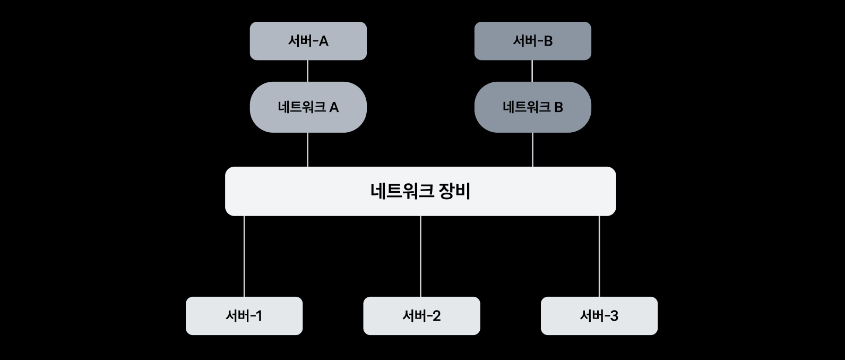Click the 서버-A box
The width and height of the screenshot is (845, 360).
[x=308, y=41]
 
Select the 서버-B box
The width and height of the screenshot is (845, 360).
[x=532, y=41]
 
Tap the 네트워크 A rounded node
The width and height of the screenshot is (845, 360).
[x=308, y=107]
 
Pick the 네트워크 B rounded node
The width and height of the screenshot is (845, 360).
[x=532, y=107]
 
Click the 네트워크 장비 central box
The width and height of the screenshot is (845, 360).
[x=420, y=191]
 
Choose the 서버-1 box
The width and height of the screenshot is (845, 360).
[x=244, y=316]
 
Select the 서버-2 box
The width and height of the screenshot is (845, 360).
[x=421, y=316]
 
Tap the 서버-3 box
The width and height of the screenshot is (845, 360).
[x=599, y=316]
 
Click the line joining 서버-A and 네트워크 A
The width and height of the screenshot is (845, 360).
[x=308, y=71]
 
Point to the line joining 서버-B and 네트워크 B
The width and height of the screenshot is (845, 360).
[x=532, y=71]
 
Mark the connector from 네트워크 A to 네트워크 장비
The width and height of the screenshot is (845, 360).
[x=308, y=150]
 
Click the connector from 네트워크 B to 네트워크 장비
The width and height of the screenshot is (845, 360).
[x=532, y=150]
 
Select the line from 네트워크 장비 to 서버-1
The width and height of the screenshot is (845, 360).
[x=244, y=256]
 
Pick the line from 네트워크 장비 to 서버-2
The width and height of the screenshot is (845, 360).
[x=420, y=256]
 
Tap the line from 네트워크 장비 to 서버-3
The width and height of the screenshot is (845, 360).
[x=599, y=256]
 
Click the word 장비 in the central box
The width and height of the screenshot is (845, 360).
[x=455, y=191]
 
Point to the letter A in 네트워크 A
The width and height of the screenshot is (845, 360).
[x=334, y=108]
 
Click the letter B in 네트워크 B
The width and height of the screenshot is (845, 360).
[x=558, y=108]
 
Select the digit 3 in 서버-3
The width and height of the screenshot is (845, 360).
[x=614, y=316]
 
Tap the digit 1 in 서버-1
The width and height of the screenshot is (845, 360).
[x=258, y=316]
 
